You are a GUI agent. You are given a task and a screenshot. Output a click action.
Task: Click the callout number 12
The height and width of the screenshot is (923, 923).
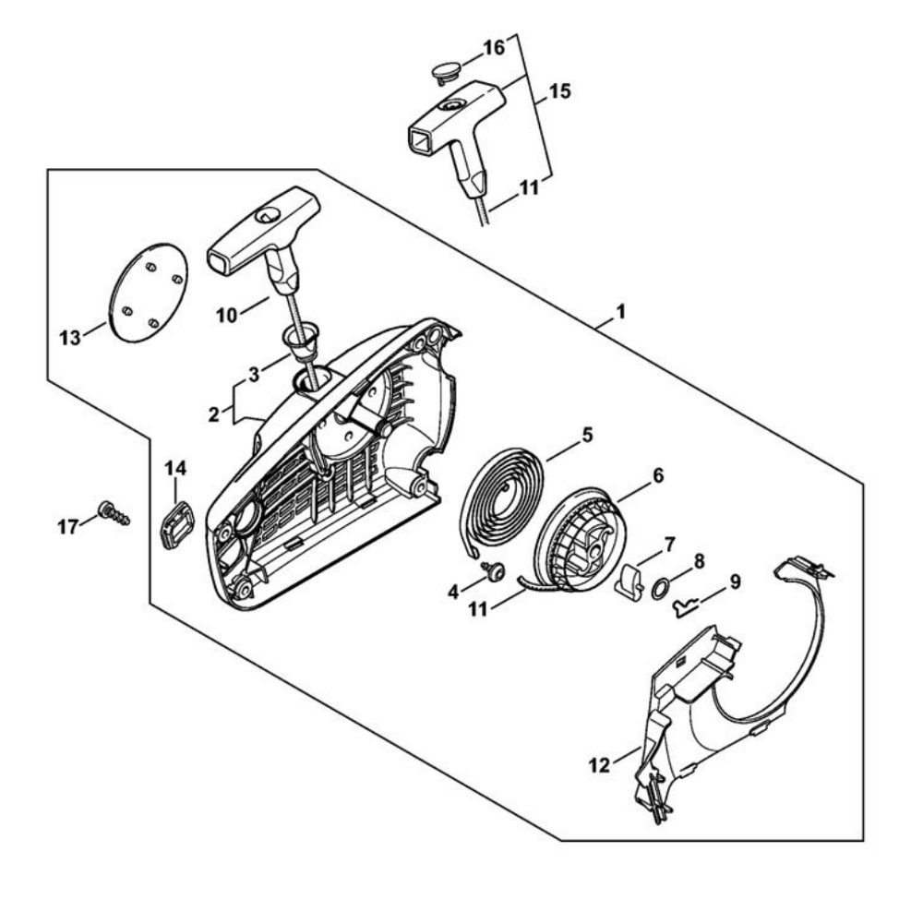pos(601,765)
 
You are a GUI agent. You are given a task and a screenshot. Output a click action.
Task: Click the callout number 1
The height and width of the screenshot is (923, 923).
pos(620,313)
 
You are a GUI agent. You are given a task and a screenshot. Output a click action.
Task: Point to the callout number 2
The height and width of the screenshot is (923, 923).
pos(213,414)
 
